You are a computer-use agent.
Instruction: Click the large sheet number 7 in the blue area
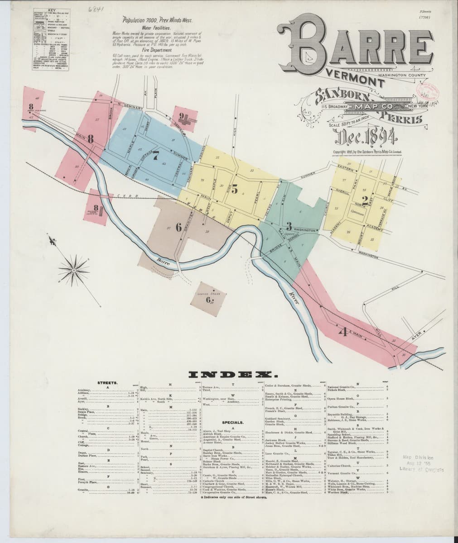(155, 156)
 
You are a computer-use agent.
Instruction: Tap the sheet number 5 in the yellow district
(234, 190)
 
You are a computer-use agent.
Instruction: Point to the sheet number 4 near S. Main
(342, 332)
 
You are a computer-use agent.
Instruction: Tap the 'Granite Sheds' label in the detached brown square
(208, 294)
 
